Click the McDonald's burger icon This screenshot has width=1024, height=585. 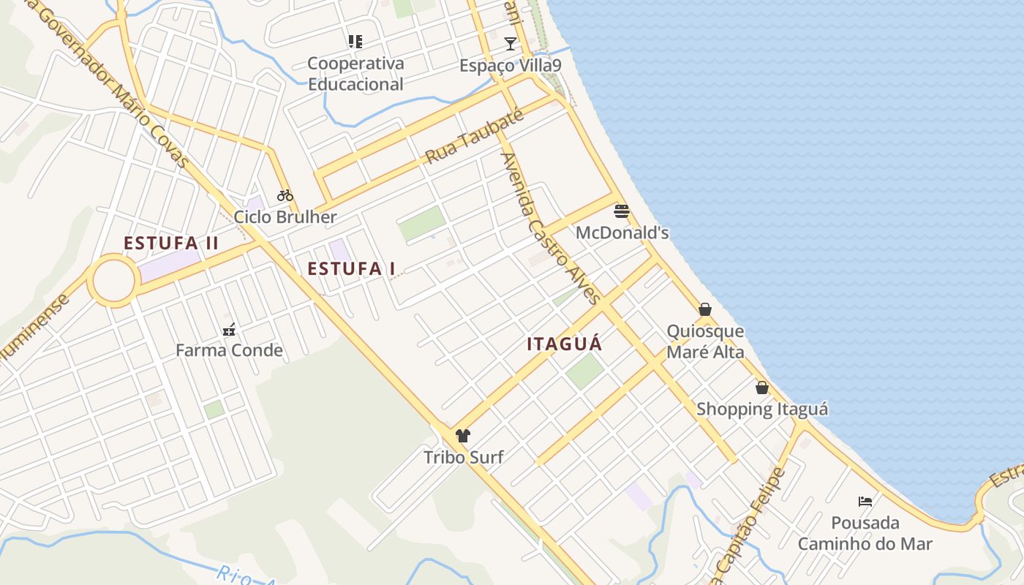pos(622,212)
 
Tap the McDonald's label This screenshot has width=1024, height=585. pos(622,233)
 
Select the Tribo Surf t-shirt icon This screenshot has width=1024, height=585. pos(462,436)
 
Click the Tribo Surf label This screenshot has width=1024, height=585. pos(464,458)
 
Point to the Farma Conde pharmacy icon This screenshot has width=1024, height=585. pos(229,329)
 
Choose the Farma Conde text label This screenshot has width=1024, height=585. pos(229,350)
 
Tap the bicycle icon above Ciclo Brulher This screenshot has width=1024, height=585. pos(285,195)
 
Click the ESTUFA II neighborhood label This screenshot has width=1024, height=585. pos(171,244)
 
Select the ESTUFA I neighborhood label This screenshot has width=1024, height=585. pos(351,269)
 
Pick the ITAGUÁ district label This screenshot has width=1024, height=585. pos(565,344)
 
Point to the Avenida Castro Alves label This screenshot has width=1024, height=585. pos(550,227)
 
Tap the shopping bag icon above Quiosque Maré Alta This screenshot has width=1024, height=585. pos(705,309)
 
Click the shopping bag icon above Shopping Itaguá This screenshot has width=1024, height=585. pos(762,388)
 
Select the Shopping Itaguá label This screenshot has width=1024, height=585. pos(762,409)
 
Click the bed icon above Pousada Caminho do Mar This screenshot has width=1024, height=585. pos(865,502)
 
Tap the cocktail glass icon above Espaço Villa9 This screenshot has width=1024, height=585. pos(511,44)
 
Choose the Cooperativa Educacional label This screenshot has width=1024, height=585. pos(355,74)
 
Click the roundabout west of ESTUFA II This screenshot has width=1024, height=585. pos(113,280)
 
